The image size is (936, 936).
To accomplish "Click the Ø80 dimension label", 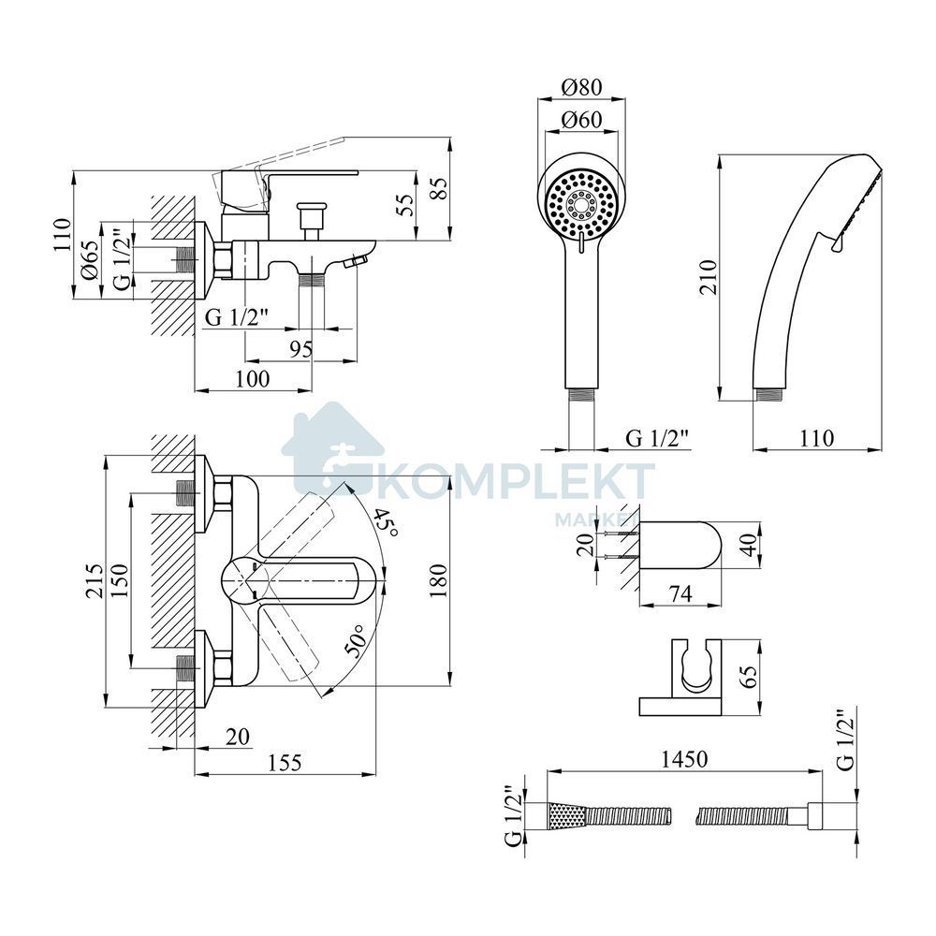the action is pyautogui.click(x=581, y=87).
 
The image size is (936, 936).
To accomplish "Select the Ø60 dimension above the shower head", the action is pyautogui.click(x=581, y=120).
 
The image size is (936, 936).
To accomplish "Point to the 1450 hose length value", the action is pyautogui.click(x=684, y=759).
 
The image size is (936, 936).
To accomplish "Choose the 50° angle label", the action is pyautogui.click(x=358, y=641).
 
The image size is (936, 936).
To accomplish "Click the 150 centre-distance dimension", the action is pyautogui.click(x=119, y=580).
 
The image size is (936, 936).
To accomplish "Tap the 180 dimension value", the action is pyautogui.click(x=438, y=579).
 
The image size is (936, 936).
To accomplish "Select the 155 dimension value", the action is pyautogui.click(x=285, y=762).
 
